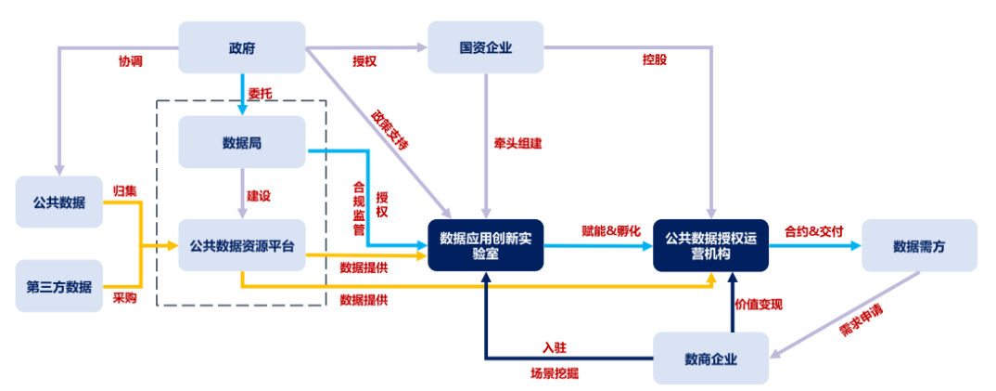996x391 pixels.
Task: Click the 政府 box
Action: (241, 48)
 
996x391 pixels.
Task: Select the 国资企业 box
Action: (485, 48)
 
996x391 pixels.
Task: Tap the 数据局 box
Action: (241, 142)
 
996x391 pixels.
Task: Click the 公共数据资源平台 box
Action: (241, 246)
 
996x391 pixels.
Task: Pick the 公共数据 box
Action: (58, 202)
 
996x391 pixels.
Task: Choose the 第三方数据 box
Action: (58, 285)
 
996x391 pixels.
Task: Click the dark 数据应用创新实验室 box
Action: (485, 245)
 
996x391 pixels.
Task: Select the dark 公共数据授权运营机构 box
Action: (710, 245)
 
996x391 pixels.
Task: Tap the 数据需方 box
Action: (918, 245)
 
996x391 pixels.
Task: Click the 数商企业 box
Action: (710, 358)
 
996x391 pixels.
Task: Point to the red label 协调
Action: (131, 61)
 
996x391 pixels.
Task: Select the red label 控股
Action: (654, 60)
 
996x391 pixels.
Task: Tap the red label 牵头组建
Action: (517, 144)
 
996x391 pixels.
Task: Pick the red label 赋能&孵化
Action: (610, 230)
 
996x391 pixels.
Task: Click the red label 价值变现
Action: (759, 304)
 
